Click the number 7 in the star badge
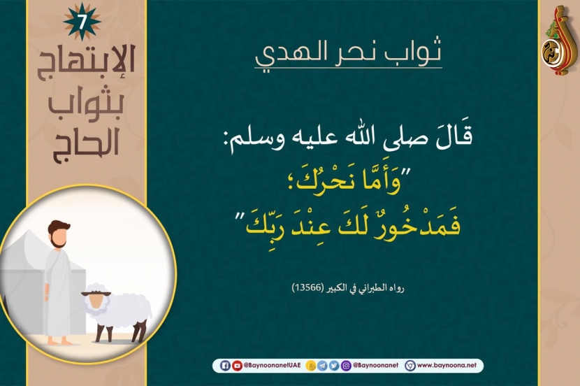pos(82,22)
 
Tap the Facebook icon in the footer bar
pos(225,366)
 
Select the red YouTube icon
pos(237,366)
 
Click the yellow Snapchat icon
pos(311,366)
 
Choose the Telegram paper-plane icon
pos(322,366)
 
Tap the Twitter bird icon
pos(334,366)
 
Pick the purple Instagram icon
pos(346,366)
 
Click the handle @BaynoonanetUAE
pos(272,365)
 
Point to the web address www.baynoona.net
pos(447,365)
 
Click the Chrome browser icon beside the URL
pos(410,366)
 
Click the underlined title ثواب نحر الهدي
pos(348,54)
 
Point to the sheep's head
pos(97,299)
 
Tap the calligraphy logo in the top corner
pos(560,41)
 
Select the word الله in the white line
pos(386,138)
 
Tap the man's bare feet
pos(60,341)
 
